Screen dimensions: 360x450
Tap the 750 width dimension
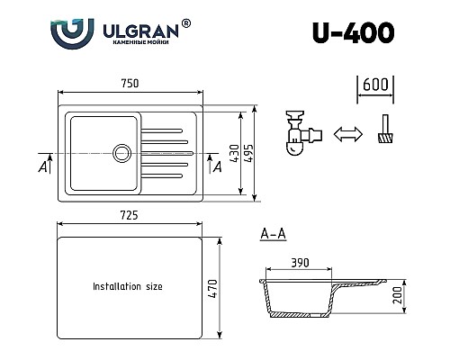point(130,84)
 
